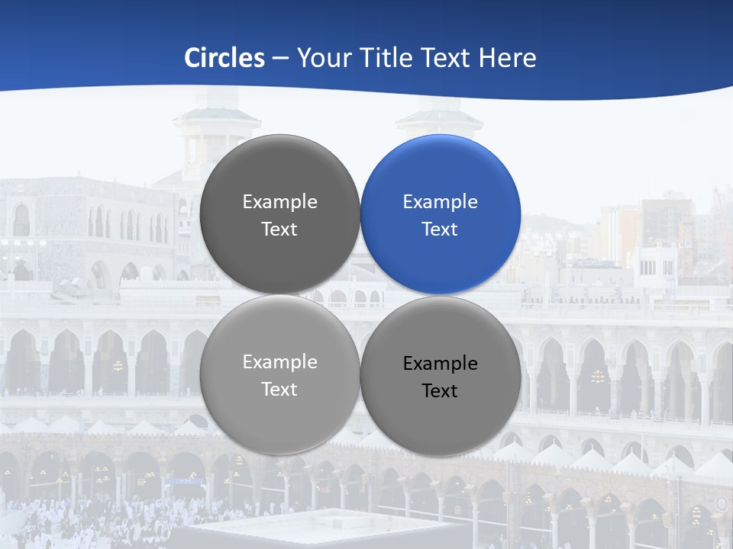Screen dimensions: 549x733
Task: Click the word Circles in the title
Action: click(224, 58)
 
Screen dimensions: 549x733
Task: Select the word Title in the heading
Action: click(379, 58)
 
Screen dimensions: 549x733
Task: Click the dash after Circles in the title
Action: click(280, 59)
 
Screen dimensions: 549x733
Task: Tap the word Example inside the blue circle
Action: click(440, 202)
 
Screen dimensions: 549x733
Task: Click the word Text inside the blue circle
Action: click(440, 230)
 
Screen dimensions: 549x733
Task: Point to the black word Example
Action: click(440, 364)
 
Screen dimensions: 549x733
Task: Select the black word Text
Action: click(440, 391)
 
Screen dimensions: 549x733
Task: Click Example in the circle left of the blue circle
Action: click(279, 202)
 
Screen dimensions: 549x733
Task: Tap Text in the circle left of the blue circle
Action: click(279, 230)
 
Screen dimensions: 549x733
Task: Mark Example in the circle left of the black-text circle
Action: click(279, 362)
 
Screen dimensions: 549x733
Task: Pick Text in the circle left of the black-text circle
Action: click(279, 390)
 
